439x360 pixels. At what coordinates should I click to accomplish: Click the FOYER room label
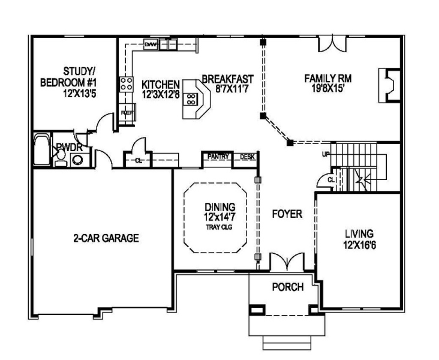pyautogui.click(x=287, y=214)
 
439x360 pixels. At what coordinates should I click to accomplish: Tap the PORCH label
pyautogui.click(x=288, y=287)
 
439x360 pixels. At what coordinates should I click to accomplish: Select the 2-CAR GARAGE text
pyautogui.click(x=106, y=238)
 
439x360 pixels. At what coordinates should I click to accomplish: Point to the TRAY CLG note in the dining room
pyautogui.click(x=220, y=227)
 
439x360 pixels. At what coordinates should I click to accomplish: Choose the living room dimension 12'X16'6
pyautogui.click(x=359, y=245)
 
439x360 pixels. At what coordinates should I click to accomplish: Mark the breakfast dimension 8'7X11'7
pyautogui.click(x=232, y=89)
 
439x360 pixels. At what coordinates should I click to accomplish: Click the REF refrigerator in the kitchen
pyautogui.click(x=127, y=113)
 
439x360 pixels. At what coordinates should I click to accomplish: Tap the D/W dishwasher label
pyautogui.click(x=151, y=44)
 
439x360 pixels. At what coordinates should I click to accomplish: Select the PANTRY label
pyautogui.click(x=218, y=157)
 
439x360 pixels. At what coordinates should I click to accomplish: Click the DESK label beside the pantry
pyautogui.click(x=248, y=157)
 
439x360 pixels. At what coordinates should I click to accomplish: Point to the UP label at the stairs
pyautogui.click(x=326, y=154)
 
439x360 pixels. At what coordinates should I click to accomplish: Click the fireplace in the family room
pyautogui.click(x=389, y=85)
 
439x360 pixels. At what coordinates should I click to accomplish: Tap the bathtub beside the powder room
pyautogui.click(x=42, y=150)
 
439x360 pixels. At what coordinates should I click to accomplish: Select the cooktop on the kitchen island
pyautogui.click(x=191, y=99)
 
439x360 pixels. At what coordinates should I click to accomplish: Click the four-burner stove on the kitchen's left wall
pyautogui.click(x=126, y=84)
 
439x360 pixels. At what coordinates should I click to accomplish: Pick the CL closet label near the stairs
pyautogui.click(x=331, y=180)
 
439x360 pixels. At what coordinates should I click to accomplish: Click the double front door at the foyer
pyautogui.click(x=287, y=262)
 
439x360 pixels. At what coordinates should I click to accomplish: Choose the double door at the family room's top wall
pyautogui.click(x=332, y=43)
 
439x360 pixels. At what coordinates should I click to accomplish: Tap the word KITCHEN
pyautogui.click(x=160, y=85)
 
